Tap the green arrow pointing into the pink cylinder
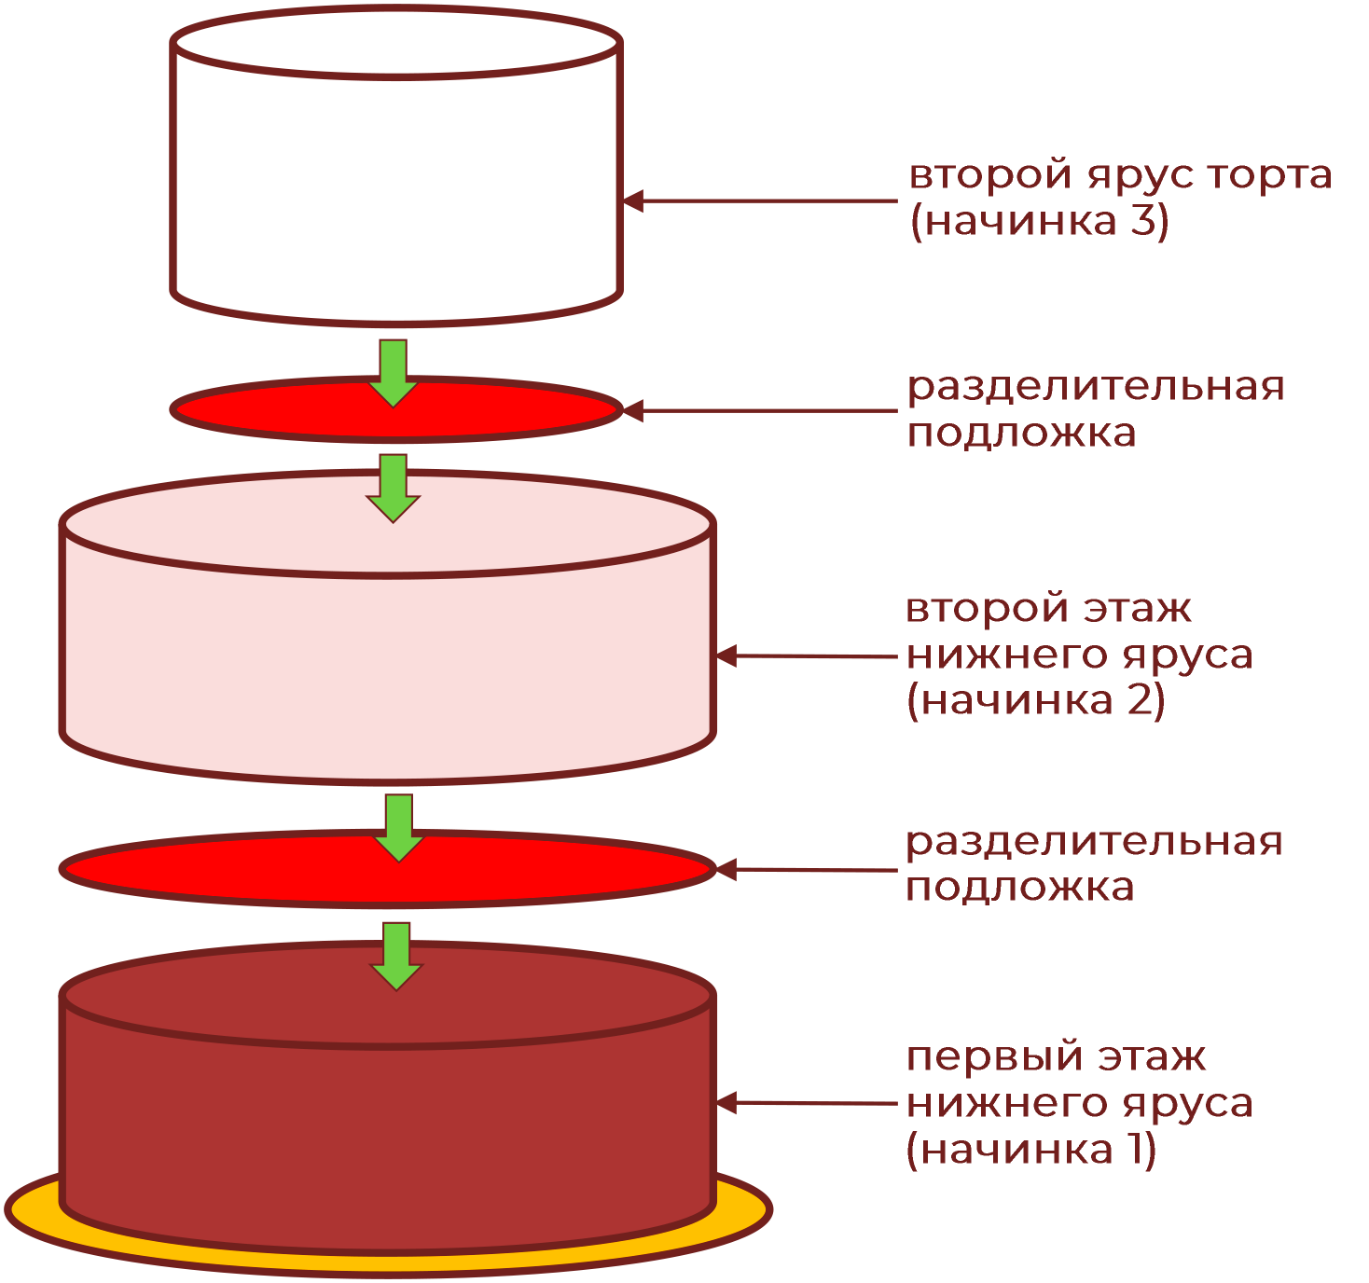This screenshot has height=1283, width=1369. (x=394, y=487)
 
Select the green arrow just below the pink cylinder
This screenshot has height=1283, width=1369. (x=399, y=826)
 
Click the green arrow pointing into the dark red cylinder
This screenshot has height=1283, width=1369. (x=397, y=955)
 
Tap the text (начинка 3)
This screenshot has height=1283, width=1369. (x=1039, y=222)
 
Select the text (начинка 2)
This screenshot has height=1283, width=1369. (x=1035, y=700)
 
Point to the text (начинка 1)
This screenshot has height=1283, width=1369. (x=1030, y=1150)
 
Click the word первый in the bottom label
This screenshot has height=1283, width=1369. (x=994, y=1058)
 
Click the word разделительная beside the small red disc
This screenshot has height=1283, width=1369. (x=1096, y=387)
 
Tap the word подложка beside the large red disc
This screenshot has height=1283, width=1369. (x=1019, y=887)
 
